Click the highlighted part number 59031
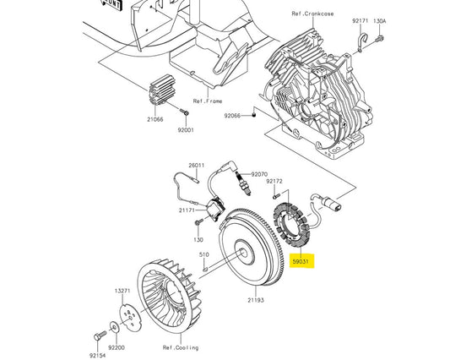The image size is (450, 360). [x=302, y=263]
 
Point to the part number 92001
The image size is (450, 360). [x=185, y=130]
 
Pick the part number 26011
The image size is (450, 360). [x=197, y=166]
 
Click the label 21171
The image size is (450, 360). [x=188, y=210]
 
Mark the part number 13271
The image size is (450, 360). [x=122, y=291]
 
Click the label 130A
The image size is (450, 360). [x=380, y=19]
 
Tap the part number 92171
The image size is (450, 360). [x=361, y=19]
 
